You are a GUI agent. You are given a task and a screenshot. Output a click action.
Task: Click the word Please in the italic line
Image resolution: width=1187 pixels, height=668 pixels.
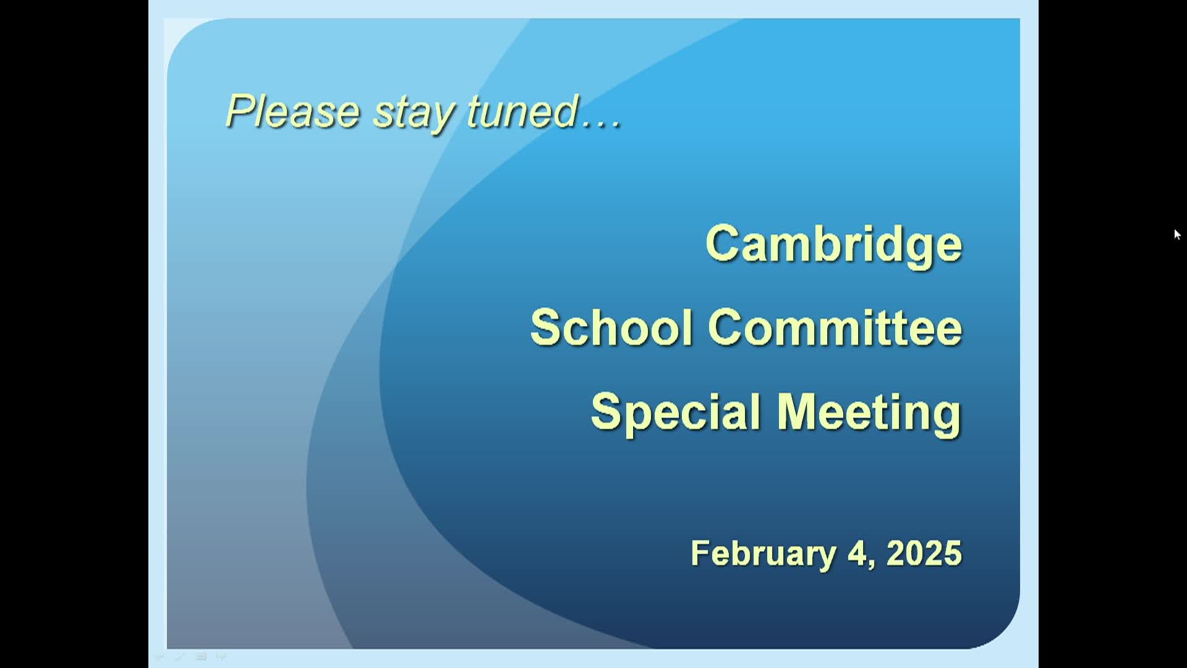pyautogui.click(x=292, y=111)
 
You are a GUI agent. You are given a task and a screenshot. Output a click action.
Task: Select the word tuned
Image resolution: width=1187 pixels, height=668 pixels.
pyautogui.click(x=523, y=111)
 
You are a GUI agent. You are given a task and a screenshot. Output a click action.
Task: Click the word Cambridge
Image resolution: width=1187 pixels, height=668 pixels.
pyautogui.click(x=833, y=245)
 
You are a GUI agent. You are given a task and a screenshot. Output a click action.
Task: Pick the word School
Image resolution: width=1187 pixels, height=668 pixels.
pyautogui.click(x=611, y=327)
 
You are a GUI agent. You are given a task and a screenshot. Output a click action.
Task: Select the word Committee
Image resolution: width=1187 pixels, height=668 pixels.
pyautogui.click(x=835, y=327)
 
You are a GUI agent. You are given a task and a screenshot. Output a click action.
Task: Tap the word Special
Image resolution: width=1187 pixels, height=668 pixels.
pyautogui.click(x=676, y=413)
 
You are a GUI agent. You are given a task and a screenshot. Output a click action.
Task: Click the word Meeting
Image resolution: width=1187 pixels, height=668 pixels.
pyautogui.click(x=869, y=413)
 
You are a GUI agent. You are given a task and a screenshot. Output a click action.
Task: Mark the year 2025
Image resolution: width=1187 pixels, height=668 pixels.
pyautogui.click(x=924, y=553)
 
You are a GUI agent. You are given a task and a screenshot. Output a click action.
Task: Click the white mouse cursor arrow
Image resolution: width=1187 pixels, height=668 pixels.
pyautogui.click(x=1177, y=234)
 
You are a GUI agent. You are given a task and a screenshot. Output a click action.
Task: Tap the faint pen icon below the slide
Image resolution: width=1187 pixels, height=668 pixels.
pyautogui.click(x=180, y=657)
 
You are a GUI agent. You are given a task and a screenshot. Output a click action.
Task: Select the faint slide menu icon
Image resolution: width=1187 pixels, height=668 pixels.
pyautogui.click(x=201, y=657)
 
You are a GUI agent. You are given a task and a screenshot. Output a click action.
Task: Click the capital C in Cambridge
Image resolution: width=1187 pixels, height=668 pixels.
pyautogui.click(x=723, y=243)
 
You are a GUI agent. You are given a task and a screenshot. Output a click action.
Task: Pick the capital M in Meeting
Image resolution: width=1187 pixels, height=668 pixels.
pyautogui.click(x=798, y=411)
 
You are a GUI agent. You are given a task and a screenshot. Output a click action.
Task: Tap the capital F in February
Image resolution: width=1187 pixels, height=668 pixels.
pyautogui.click(x=700, y=553)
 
